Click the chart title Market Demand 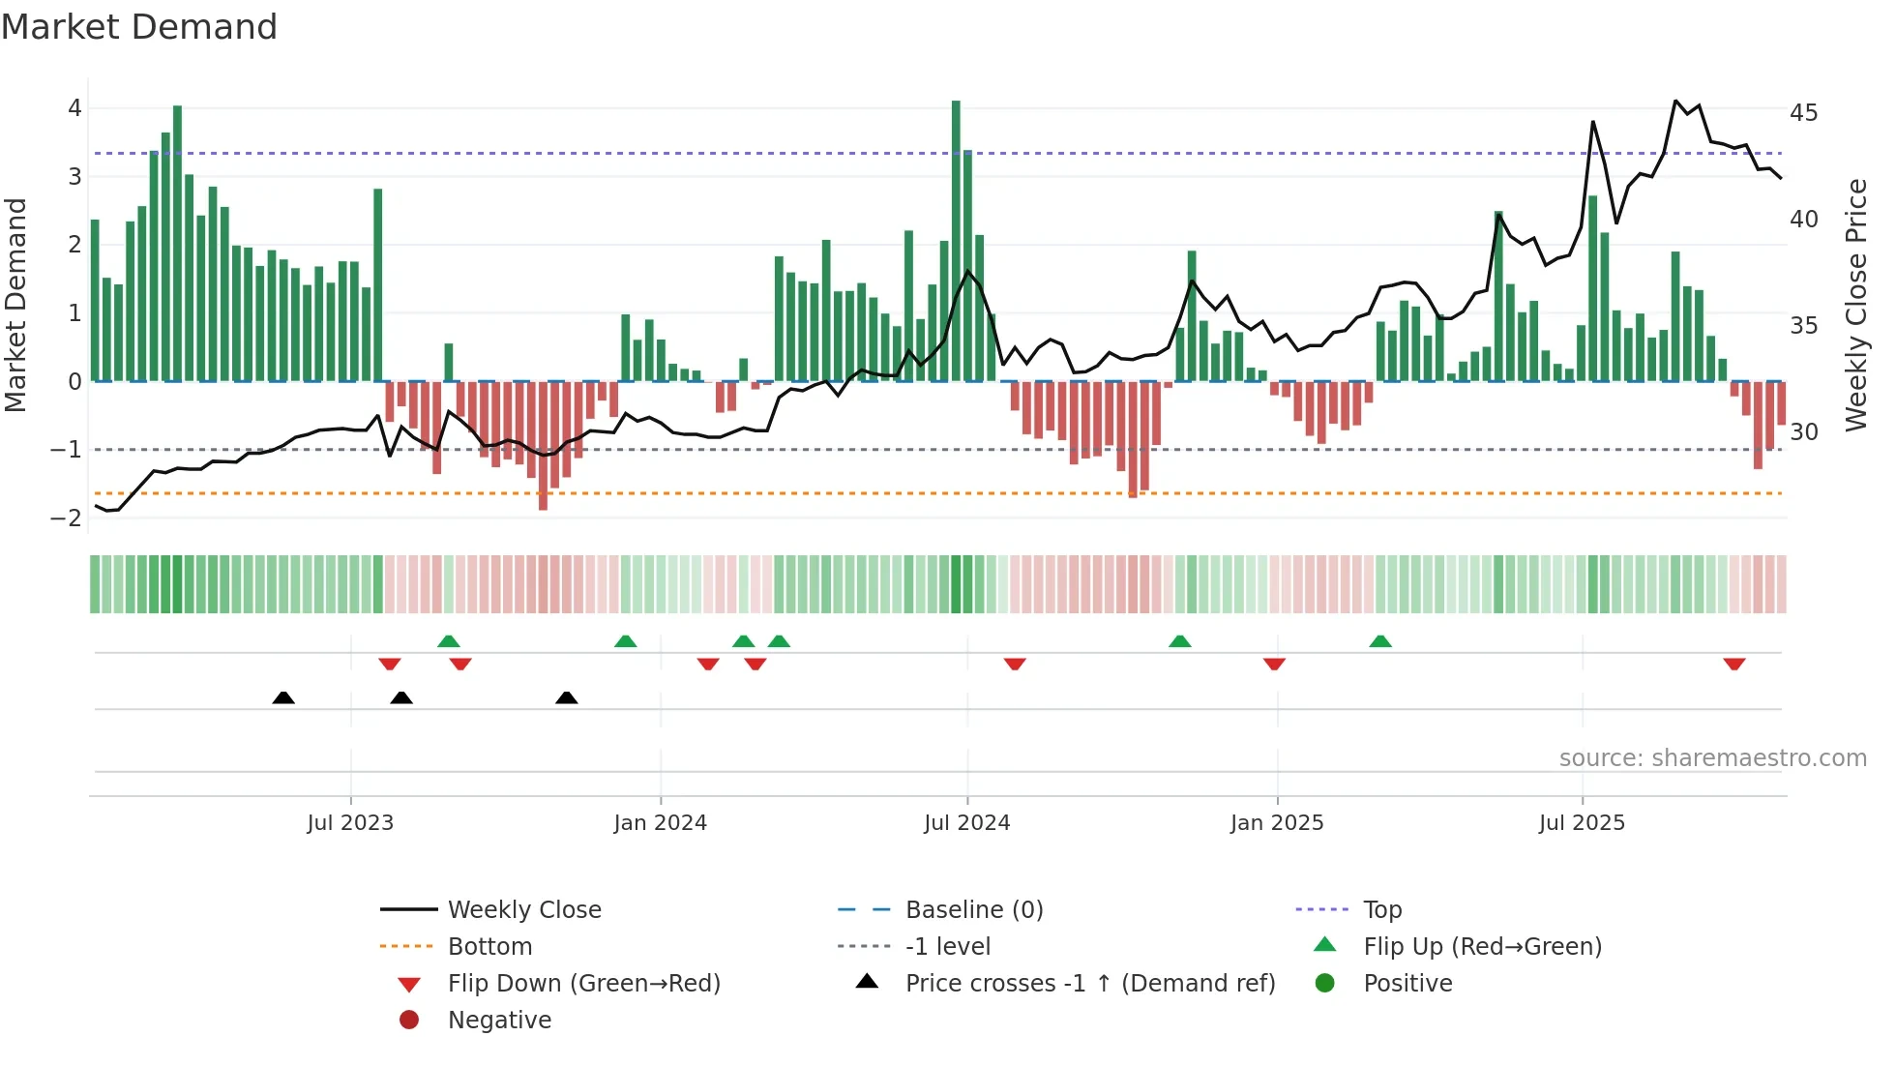point(139,27)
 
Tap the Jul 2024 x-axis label point(966,823)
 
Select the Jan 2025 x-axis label point(1277,823)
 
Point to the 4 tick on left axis point(74,108)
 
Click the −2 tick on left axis point(66,518)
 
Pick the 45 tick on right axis point(1803,113)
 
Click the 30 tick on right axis point(1803,432)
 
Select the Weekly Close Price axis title point(1855,305)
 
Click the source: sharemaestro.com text point(1712,758)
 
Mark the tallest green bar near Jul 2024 point(956,242)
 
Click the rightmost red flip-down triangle point(1733,665)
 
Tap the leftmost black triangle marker point(283,697)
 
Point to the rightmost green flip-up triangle point(1380,641)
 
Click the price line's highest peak point(1676,101)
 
